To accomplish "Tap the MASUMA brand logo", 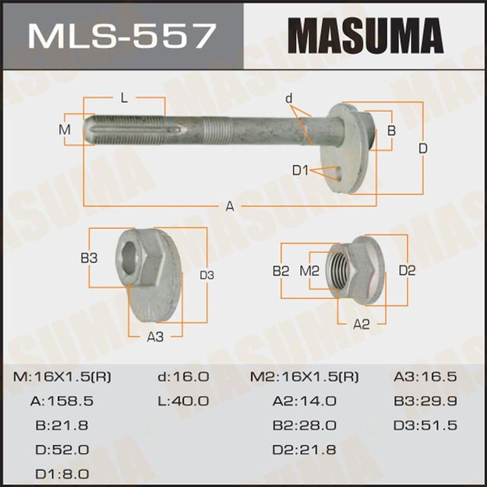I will click(x=366, y=36).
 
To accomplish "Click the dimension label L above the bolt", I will click(x=123, y=97).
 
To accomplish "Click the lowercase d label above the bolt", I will click(x=289, y=98).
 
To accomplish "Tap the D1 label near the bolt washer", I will click(x=301, y=171).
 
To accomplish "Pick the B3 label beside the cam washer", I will click(x=89, y=258).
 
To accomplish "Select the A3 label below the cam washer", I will click(x=155, y=336).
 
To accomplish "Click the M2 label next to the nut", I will click(x=310, y=270).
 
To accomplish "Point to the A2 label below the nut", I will click(x=361, y=323).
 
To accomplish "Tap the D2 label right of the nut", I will click(x=407, y=270).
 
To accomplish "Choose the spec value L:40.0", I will click(x=183, y=401).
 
